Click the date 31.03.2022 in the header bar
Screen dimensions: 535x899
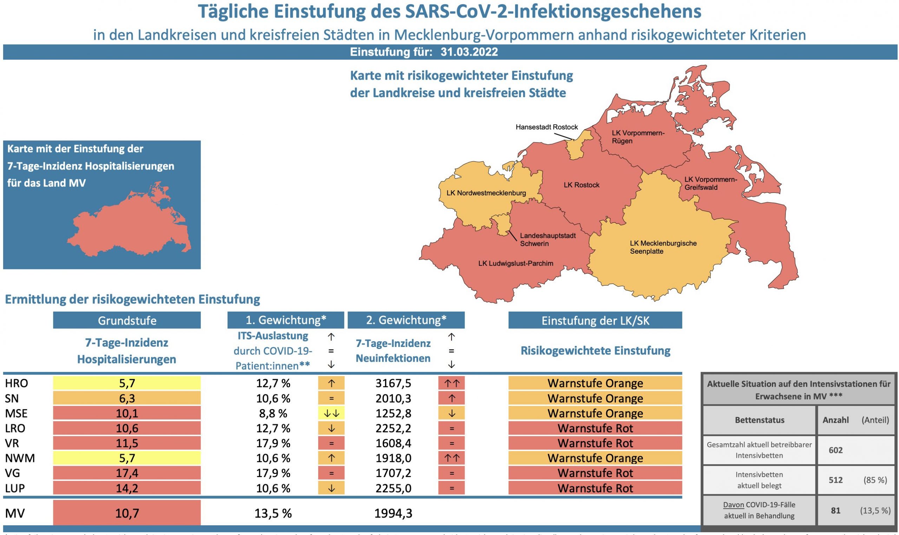point(469,52)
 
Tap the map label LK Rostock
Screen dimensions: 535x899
point(582,185)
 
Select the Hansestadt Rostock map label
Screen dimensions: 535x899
point(546,127)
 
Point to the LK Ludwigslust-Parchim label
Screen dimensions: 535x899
point(516,263)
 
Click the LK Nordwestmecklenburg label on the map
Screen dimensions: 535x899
point(486,193)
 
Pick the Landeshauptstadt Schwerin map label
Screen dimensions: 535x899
point(547,240)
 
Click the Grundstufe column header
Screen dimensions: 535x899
point(127,321)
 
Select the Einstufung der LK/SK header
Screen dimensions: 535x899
point(595,321)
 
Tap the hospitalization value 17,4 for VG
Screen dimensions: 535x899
point(127,473)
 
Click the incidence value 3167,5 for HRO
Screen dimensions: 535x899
point(393,383)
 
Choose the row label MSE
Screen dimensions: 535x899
point(16,413)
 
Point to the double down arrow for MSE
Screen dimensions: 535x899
point(331,414)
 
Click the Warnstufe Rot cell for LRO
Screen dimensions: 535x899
point(595,428)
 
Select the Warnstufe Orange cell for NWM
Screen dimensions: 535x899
point(595,458)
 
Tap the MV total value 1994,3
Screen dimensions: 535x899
point(393,513)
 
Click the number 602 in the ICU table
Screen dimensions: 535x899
point(835,450)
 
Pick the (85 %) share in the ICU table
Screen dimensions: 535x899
point(875,480)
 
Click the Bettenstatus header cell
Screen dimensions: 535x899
point(759,420)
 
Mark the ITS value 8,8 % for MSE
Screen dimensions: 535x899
point(273,413)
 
